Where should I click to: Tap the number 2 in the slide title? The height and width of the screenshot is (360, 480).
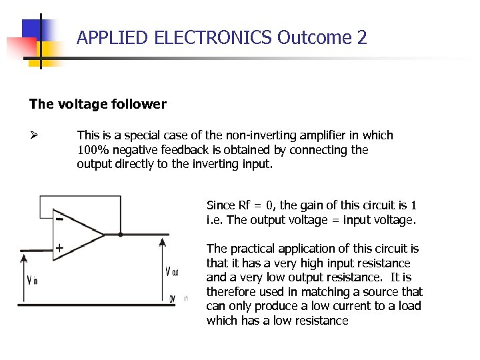tap(362, 38)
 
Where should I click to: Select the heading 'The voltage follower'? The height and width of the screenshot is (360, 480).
tap(97, 104)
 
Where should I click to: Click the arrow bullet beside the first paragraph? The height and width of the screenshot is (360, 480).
tap(34, 135)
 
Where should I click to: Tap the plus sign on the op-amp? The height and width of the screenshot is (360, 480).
tap(59, 248)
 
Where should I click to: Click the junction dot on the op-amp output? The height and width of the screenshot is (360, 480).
tap(120, 235)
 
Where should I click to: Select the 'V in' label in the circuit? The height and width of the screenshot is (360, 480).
tap(31, 280)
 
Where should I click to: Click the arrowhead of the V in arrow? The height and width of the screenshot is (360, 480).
tap(25, 257)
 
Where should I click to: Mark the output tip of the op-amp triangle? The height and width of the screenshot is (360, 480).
tap(105, 235)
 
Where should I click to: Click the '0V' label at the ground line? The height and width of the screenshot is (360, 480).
tap(172, 298)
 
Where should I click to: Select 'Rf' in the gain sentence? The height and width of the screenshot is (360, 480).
tap(245, 205)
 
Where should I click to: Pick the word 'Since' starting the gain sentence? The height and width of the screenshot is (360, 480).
tap(221, 205)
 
